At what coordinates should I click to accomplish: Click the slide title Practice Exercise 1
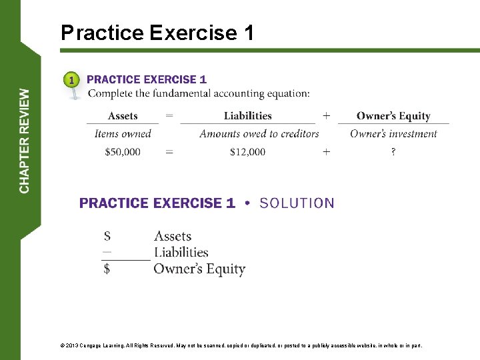(157, 33)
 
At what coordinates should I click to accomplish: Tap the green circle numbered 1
(72, 81)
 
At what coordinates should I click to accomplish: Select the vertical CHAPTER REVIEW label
(25, 141)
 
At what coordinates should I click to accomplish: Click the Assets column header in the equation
(123, 116)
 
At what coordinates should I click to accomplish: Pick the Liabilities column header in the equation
(247, 116)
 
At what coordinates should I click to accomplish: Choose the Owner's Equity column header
(393, 116)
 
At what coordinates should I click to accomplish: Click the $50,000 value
(123, 152)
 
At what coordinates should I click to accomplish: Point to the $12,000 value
(247, 152)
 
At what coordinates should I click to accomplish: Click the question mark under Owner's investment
(393, 152)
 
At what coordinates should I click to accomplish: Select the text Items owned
(123, 134)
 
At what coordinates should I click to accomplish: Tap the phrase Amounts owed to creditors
(259, 134)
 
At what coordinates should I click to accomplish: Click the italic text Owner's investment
(393, 134)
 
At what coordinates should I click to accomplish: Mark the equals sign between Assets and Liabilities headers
(169, 116)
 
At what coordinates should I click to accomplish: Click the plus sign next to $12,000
(326, 152)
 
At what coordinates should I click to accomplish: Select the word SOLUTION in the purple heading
(297, 203)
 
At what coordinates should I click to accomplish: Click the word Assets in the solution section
(173, 236)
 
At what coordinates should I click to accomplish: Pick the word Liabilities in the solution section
(181, 252)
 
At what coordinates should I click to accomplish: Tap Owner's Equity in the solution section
(199, 269)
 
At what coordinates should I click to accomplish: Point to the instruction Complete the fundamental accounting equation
(199, 93)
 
